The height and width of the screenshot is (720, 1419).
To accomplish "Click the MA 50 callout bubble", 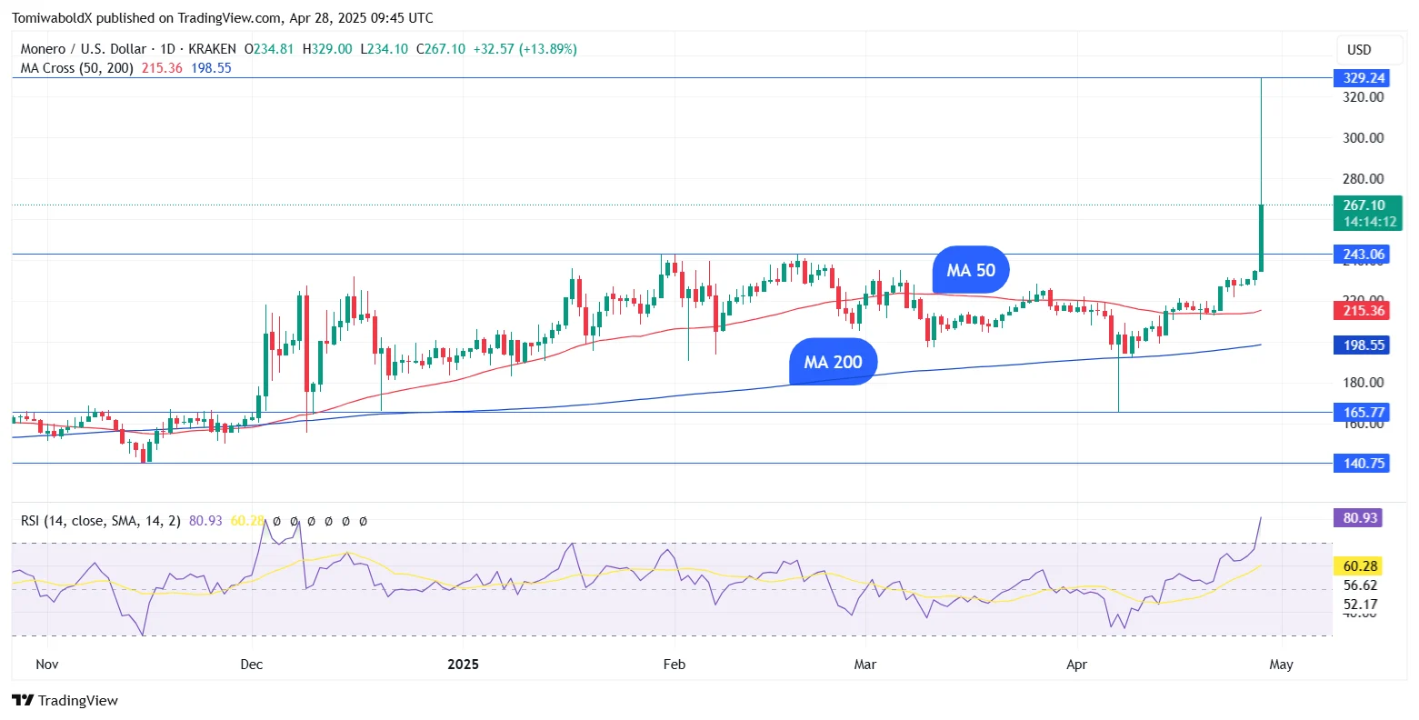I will pyautogui.click(x=971, y=270).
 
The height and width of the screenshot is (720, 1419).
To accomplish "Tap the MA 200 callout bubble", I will pyautogui.click(x=833, y=362).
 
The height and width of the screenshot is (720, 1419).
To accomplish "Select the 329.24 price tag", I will pyautogui.click(x=1364, y=78).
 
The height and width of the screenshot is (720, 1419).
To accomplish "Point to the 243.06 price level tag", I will pyautogui.click(x=1364, y=255).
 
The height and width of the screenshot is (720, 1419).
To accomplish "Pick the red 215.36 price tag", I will pyautogui.click(x=1364, y=311).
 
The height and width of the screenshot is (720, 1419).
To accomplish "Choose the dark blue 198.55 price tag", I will pyautogui.click(x=1364, y=345).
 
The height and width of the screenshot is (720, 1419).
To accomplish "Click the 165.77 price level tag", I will pyautogui.click(x=1364, y=413).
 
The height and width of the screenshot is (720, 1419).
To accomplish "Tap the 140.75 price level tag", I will pyautogui.click(x=1364, y=464).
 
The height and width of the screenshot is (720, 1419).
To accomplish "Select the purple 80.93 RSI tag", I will pyautogui.click(x=1361, y=518).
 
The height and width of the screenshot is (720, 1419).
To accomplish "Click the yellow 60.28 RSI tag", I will pyautogui.click(x=1361, y=566).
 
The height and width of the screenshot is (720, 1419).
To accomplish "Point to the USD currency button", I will pyautogui.click(x=1359, y=49).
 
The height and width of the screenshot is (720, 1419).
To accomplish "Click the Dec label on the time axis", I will pyautogui.click(x=252, y=665).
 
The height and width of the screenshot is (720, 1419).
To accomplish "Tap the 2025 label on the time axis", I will pyautogui.click(x=463, y=665).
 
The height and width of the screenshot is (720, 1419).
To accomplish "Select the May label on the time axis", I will pyautogui.click(x=1281, y=665).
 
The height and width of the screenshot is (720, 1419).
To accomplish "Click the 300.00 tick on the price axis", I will pyautogui.click(x=1364, y=138).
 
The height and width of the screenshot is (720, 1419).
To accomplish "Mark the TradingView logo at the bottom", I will pyautogui.click(x=65, y=701).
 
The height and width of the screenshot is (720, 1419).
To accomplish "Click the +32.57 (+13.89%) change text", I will pyautogui.click(x=525, y=49).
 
